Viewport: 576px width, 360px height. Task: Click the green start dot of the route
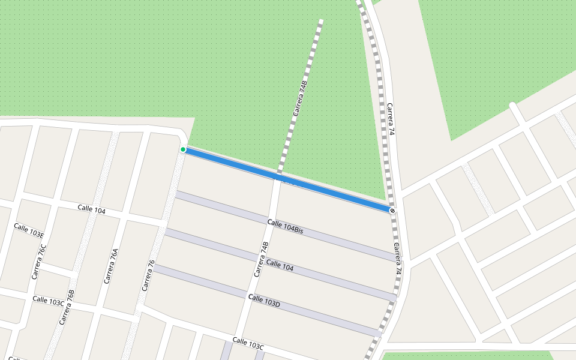[183, 149]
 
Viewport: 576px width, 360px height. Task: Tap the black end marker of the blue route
[392, 211]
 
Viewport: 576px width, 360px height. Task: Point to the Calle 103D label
[264, 301]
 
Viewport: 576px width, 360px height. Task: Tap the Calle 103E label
[29, 230]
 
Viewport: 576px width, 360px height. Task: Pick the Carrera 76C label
[39, 262]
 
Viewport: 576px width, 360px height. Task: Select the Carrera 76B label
[67, 307]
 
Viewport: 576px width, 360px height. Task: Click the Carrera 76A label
[111, 266]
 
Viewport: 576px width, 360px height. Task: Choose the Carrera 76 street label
[148, 275]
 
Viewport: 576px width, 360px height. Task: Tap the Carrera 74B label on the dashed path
[300, 98]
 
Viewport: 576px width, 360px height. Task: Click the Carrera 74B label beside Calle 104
[260, 259]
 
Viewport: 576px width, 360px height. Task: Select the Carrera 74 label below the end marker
[397, 259]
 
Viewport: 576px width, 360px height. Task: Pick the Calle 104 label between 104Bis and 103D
[280, 265]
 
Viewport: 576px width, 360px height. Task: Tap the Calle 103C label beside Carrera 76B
[48, 301]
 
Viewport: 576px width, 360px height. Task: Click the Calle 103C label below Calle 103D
[248, 344]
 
